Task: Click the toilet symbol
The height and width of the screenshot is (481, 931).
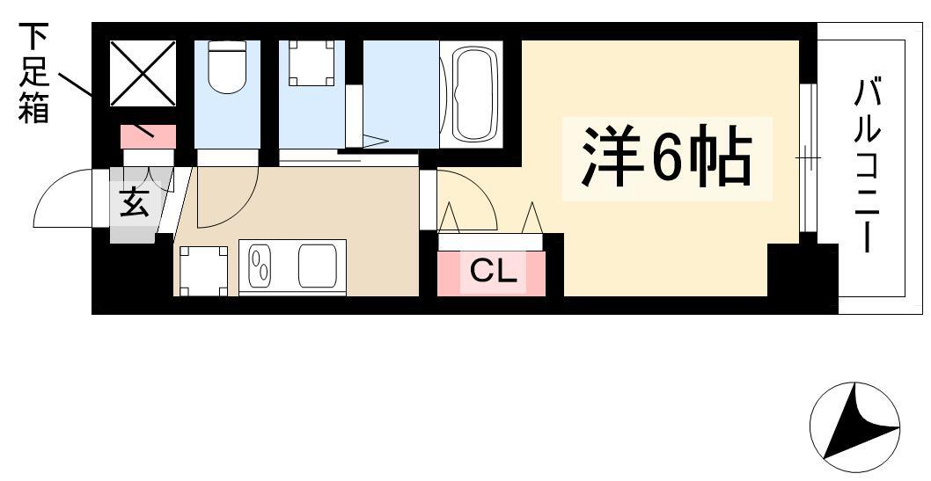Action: pyautogui.click(x=227, y=67)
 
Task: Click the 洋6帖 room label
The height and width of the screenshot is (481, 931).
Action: pyautogui.click(x=667, y=157)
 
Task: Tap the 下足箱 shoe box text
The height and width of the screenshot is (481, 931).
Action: pyautogui.click(x=33, y=73)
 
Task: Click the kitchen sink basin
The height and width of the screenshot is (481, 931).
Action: pyautogui.click(x=318, y=265)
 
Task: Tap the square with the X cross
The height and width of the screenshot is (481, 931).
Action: pyautogui.click(x=143, y=73)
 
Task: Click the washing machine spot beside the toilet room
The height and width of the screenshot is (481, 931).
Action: pyautogui.click(x=312, y=62)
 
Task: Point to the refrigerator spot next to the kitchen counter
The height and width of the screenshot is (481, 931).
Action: pyautogui.click(x=203, y=271)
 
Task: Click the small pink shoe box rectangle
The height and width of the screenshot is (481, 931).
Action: pyautogui.click(x=149, y=137)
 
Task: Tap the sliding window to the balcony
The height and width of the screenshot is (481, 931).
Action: pyautogui.click(x=808, y=157)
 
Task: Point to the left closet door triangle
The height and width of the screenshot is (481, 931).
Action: pyautogui.click(x=448, y=217)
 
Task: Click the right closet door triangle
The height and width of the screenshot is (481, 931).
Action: pyautogui.click(x=532, y=217)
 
